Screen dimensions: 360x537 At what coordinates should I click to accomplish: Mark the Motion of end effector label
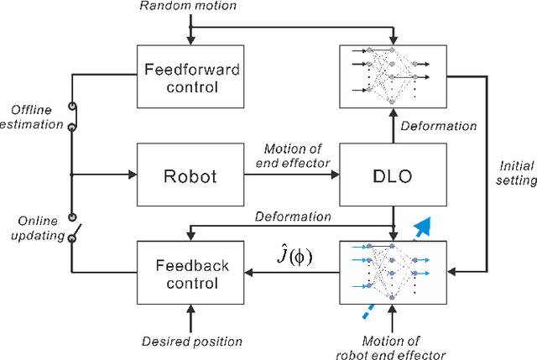coord(288,156)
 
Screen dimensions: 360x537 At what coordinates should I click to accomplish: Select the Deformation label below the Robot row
coord(293,216)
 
